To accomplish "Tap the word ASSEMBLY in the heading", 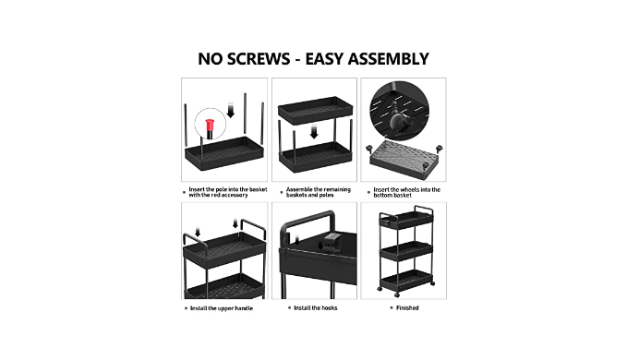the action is [388, 59].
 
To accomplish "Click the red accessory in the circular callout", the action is [210, 125].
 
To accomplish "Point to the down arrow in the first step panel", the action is [230, 110].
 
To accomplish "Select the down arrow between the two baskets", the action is [314, 132].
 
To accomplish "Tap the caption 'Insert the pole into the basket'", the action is [228, 189].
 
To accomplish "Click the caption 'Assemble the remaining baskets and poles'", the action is [319, 192].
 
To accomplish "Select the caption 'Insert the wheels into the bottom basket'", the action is [406, 192].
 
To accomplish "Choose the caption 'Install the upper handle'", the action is [222, 308].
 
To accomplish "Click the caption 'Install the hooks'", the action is [316, 307].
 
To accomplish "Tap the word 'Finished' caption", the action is [407, 307].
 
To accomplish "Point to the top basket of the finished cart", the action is [406, 221].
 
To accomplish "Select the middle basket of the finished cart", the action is [406, 250].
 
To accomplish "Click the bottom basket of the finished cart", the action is [406, 278].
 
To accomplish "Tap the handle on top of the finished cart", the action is [424, 209].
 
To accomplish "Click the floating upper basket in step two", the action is [316, 109].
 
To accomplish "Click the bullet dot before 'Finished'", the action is [392, 308].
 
